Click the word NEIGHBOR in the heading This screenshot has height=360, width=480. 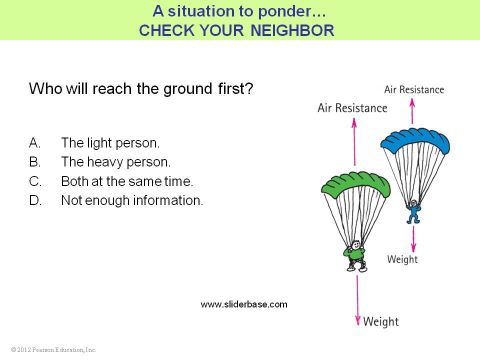pyautogui.click(x=292, y=30)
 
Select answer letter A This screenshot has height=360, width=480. pyautogui.click(x=34, y=143)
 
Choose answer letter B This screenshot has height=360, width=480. pyautogui.click(x=34, y=162)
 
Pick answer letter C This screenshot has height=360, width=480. pyautogui.click(x=35, y=181)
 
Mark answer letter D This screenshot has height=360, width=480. pyautogui.click(x=35, y=200)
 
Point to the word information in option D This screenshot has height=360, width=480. pyautogui.click(x=168, y=200)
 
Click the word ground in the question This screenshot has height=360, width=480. pyautogui.click(x=187, y=89)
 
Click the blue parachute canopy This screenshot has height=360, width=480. pyautogui.click(x=415, y=139)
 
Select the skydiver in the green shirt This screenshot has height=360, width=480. pyautogui.click(x=355, y=256)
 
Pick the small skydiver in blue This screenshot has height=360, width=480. pyautogui.click(x=413, y=211)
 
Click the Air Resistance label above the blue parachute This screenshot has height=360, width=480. pyautogui.click(x=414, y=89)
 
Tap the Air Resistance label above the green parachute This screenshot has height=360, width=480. pyautogui.click(x=352, y=108)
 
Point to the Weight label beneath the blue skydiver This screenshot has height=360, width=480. pyautogui.click(x=402, y=259)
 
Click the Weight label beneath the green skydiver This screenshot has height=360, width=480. pyautogui.click(x=381, y=321)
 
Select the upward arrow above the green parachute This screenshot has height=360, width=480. pyautogui.click(x=354, y=142)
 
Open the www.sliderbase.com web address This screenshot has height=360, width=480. pyautogui.click(x=244, y=304)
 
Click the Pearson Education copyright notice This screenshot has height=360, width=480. pyautogui.click(x=53, y=350)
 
